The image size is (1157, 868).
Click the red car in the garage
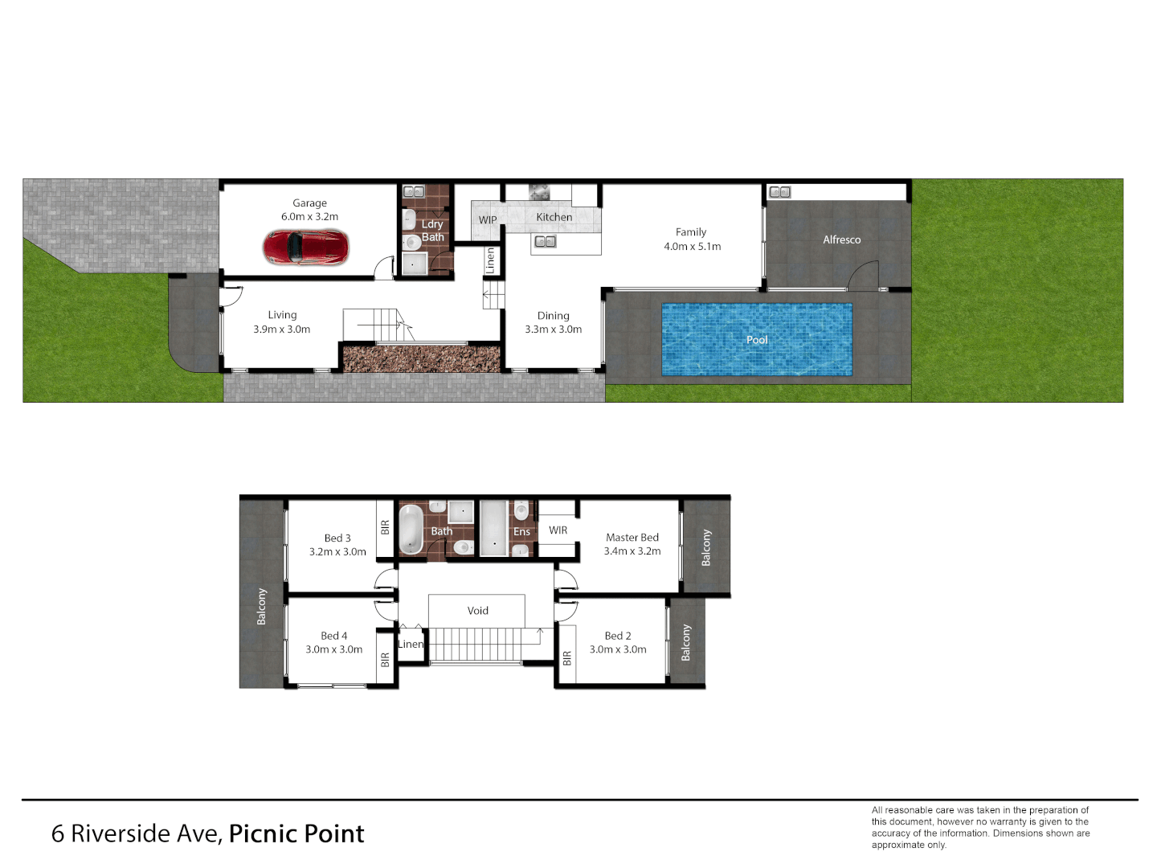[306, 248]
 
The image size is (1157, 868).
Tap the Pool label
[757, 340]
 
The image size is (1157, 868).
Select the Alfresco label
[841, 240]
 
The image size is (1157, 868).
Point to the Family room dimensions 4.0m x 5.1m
[692, 247]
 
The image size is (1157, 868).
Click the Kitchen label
[554, 217]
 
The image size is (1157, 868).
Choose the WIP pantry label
[488, 220]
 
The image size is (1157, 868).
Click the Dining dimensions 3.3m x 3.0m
[553, 330]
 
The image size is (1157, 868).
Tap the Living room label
[282, 315]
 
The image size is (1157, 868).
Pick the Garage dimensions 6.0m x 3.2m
[309, 217]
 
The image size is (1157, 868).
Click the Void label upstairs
[477, 611]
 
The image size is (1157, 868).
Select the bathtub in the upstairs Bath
[411, 529]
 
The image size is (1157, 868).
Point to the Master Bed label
[632, 538]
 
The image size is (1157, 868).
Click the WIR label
[558, 530]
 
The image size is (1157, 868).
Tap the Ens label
[521, 532]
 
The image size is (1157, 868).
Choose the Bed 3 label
[337, 538]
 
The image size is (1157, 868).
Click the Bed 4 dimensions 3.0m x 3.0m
[333, 649]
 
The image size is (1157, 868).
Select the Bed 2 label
[618, 636]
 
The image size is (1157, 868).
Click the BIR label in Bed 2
[567, 658]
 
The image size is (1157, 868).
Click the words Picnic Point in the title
[296, 834]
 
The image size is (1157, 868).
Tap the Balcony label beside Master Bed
[706, 547]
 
